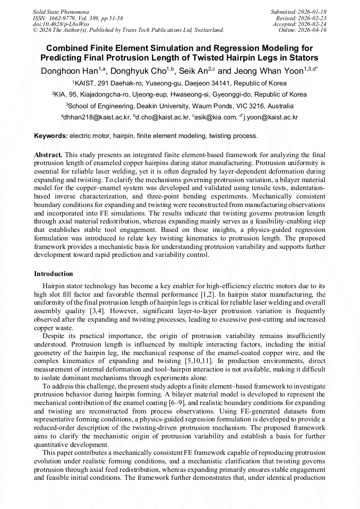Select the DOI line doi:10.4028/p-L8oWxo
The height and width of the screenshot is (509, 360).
coord(61,24)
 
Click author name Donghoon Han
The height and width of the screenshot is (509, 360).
coord(69,71)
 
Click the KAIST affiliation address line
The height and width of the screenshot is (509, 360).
coord(179,83)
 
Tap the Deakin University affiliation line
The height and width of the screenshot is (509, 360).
coord(179,106)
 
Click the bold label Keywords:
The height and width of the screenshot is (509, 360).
coord(51,136)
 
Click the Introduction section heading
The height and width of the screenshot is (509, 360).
coord(54,274)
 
